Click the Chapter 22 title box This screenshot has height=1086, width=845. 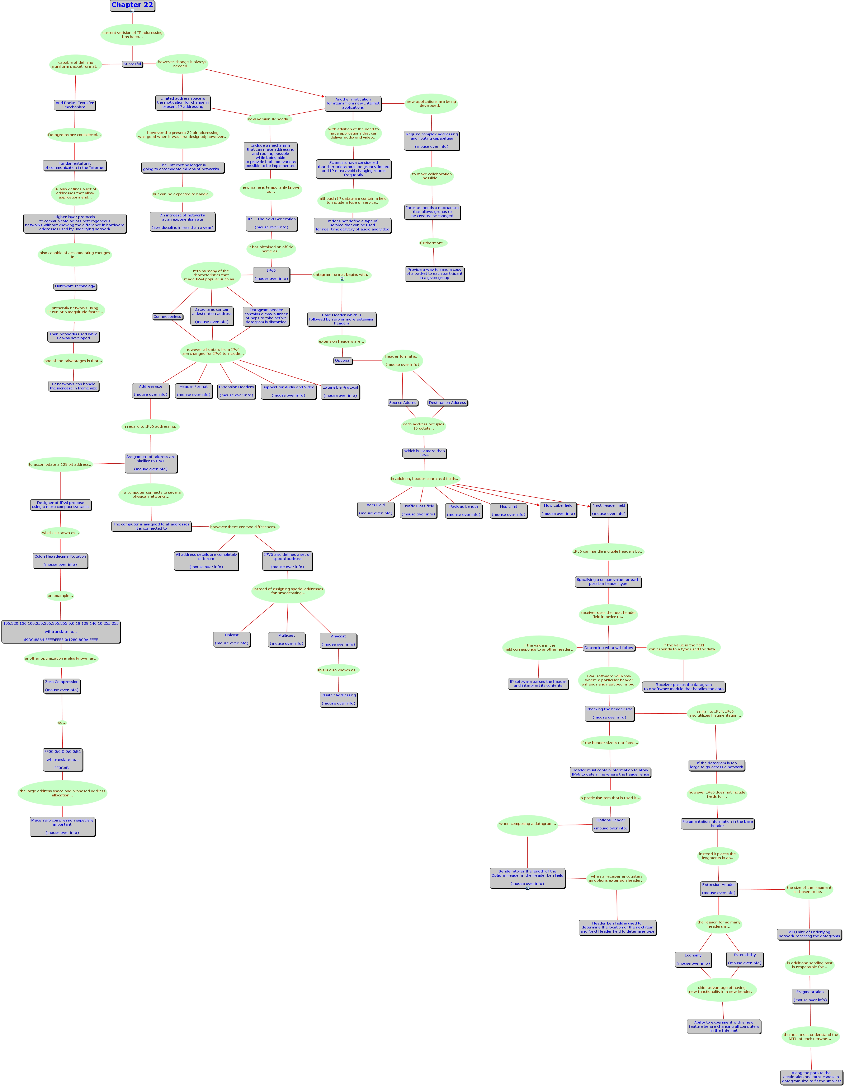pyautogui.click(x=132, y=5)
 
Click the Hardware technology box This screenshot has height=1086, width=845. pyautogui.click(x=75, y=286)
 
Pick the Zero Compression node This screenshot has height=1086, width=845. pyautogui.click(x=62, y=686)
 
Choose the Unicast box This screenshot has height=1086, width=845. pyautogui.click(x=232, y=640)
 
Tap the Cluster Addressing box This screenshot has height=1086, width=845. pyautogui.click(x=339, y=699)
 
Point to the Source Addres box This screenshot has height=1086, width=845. pyautogui.click(x=403, y=403)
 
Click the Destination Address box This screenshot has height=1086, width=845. pyautogui.click(x=447, y=403)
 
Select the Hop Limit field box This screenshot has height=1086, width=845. pyautogui.click(x=509, y=511)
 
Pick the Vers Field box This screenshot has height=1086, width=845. pyautogui.click(x=376, y=509)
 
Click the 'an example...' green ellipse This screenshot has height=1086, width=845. pyautogui.click(x=60, y=596)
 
